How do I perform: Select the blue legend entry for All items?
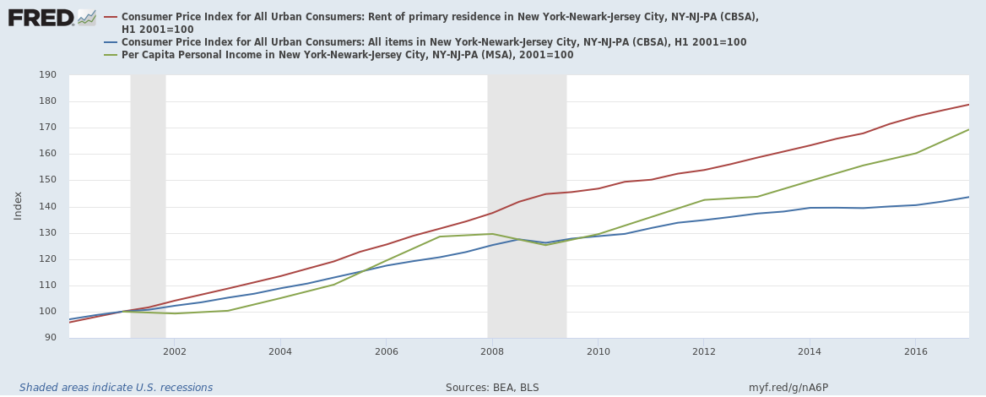433,42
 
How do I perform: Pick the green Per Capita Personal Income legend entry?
347,55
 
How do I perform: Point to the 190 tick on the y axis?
47,75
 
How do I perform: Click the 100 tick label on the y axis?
47,312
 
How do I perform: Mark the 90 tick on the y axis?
47,338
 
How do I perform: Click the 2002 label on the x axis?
175,351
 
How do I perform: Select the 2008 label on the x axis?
491,351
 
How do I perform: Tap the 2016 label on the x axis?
915,351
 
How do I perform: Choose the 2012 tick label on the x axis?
703,351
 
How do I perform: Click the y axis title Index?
18,205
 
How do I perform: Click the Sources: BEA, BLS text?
492,388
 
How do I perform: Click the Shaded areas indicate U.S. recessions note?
116,388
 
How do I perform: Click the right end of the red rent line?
967,105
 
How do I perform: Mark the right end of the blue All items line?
967,197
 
